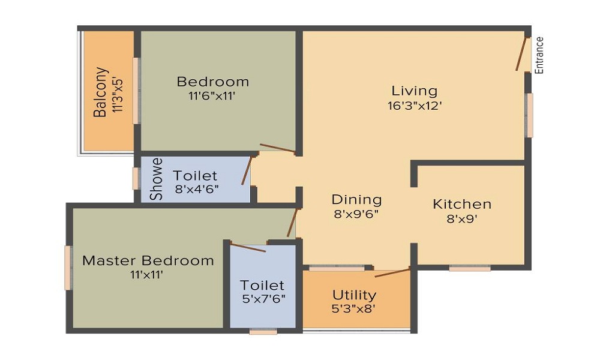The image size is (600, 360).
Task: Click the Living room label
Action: click(415, 91)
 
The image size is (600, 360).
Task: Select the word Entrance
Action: click(539, 55)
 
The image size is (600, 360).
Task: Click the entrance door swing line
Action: click(521, 54)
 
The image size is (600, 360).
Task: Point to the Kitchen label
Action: click(462, 204)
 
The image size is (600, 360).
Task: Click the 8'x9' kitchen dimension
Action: click(462, 219)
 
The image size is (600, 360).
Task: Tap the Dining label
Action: click(356, 199)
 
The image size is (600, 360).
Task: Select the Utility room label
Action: click(355, 295)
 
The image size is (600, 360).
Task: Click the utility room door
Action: click(392, 273)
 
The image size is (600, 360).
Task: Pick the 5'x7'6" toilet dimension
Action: click(262, 298)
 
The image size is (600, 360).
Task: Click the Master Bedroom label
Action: click(148, 260)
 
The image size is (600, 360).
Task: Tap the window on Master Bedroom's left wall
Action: click(68, 268)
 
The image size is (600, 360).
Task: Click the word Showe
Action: click(156, 179)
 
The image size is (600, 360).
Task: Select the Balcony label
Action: click(100, 91)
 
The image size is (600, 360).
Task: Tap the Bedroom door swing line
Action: click(277, 148)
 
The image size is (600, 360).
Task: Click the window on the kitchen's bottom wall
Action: click(469, 268)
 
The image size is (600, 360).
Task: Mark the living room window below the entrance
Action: click(529, 115)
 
